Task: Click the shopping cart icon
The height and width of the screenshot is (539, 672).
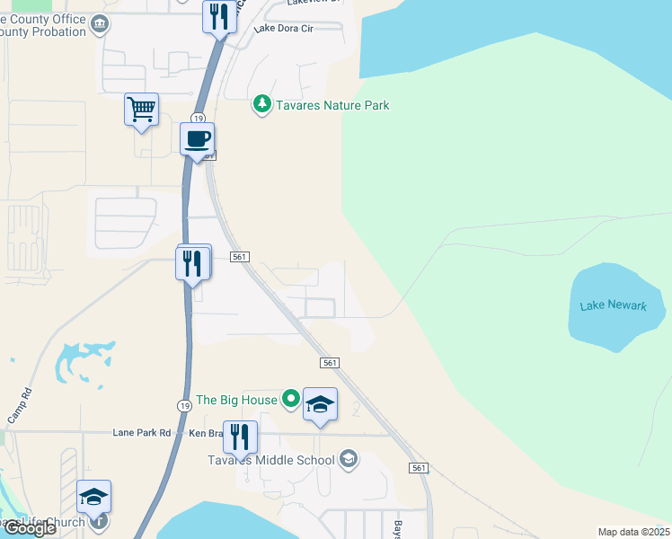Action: click(141, 110)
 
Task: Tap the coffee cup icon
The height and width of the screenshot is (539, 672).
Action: click(197, 139)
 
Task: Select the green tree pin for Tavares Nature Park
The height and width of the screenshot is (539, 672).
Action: click(261, 105)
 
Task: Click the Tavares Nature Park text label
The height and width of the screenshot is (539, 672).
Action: click(332, 105)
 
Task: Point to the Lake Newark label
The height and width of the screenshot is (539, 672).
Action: click(613, 305)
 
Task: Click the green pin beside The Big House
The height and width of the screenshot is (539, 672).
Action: click(290, 397)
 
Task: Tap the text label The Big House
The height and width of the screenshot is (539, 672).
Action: click(236, 400)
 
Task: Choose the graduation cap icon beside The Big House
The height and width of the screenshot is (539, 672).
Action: click(320, 405)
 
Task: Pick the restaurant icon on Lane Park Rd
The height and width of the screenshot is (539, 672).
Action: click(240, 437)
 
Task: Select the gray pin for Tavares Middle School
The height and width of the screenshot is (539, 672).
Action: click(349, 460)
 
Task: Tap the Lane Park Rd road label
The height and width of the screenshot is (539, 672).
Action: click(142, 432)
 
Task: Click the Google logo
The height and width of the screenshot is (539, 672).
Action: click(29, 528)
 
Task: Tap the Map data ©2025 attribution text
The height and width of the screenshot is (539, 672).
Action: click(633, 532)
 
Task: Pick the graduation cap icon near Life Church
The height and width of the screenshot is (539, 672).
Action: click(93, 497)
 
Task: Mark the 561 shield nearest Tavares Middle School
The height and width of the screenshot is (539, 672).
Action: click(419, 468)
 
